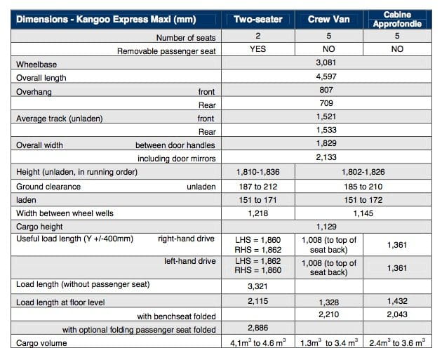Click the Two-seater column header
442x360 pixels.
coord(257,20)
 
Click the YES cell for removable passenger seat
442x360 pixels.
coord(257,51)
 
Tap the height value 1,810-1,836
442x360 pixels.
coord(257,173)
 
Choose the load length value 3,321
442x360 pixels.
coord(257,286)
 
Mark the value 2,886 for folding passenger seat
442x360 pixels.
coord(257,329)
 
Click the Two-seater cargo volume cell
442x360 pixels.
coord(257,344)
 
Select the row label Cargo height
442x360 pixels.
coord(40,227)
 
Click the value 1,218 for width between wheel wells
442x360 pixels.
coord(257,213)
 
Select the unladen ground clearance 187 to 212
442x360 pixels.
coord(257,187)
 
